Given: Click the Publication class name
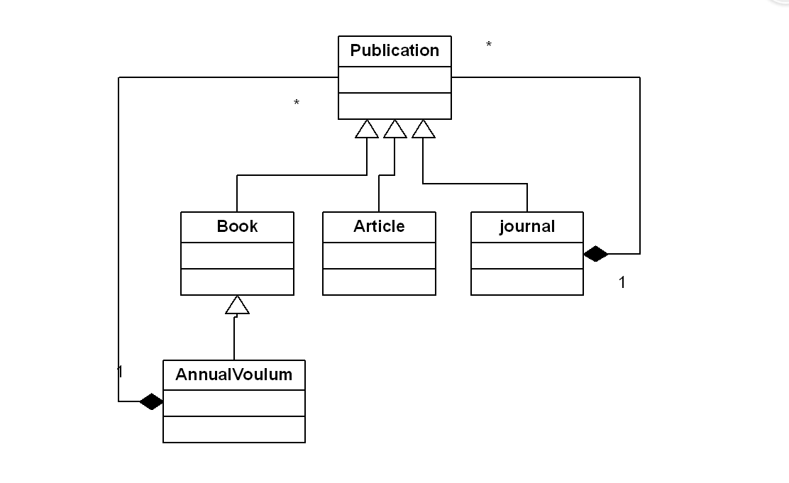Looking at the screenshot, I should coord(394,51).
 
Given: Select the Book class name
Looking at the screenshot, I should coord(237,227).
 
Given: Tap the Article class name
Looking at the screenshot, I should coord(379,227).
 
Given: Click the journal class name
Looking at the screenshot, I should coord(527,227).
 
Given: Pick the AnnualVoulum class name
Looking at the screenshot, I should coord(233,375).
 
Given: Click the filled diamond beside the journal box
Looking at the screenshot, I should coord(596,253).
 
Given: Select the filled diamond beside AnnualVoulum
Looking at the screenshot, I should coord(151,402).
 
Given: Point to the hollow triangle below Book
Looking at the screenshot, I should coord(237,306).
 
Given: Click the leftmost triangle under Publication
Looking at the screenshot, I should coord(367,130).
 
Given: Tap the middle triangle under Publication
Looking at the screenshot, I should coord(394,130).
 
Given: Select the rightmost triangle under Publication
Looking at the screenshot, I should coord(423,130).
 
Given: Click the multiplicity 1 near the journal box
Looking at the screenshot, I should coord(622,283).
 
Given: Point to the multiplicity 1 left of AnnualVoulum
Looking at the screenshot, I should coord(121,372).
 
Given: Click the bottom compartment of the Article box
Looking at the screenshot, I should coord(379,282).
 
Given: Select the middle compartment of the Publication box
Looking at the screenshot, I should coord(394,80).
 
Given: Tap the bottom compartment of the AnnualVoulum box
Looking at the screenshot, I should coord(233,429).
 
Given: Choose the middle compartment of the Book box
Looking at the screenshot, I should coord(237,256).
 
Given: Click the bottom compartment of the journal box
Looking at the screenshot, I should coord(527,282).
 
